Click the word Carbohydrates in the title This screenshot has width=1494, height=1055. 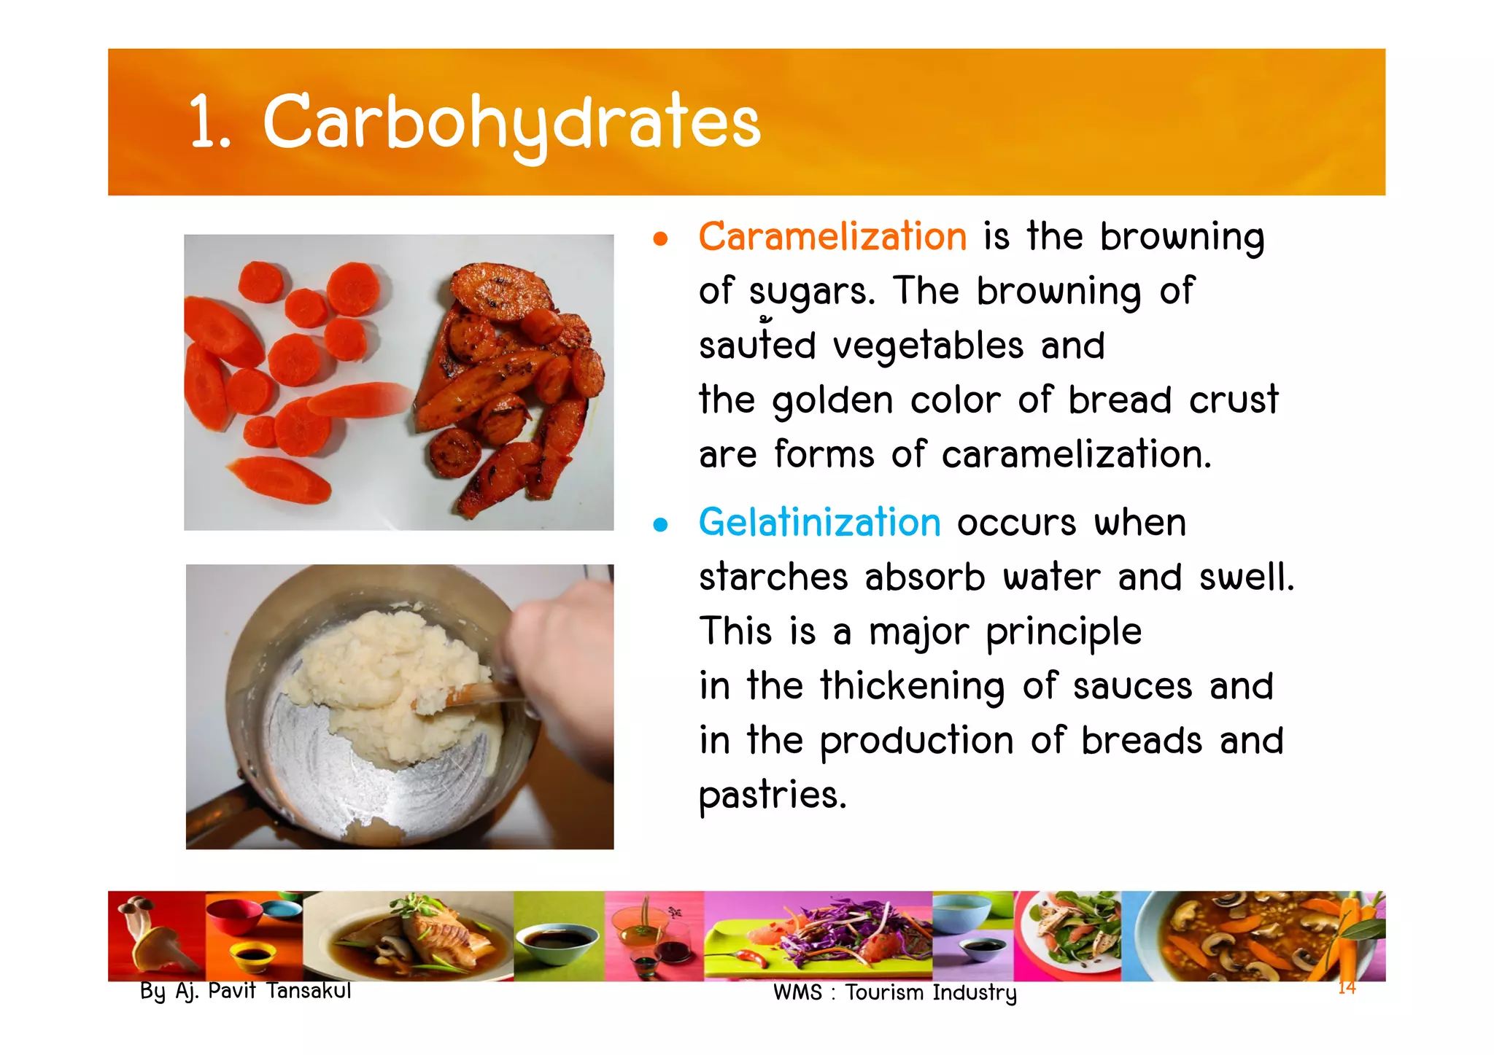pos(511,122)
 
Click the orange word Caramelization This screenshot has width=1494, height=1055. pos(832,237)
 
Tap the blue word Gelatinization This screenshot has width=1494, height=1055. pos(819,523)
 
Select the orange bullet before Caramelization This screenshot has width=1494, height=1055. pos(660,239)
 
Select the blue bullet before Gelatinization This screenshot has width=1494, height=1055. pos(660,525)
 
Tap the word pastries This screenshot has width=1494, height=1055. pos(772,795)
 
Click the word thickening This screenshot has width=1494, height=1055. pos(912,687)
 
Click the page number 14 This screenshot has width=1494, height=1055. pos(1347,988)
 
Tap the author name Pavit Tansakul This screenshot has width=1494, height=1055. pos(279,991)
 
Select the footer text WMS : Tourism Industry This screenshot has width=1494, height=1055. pos(894,993)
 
